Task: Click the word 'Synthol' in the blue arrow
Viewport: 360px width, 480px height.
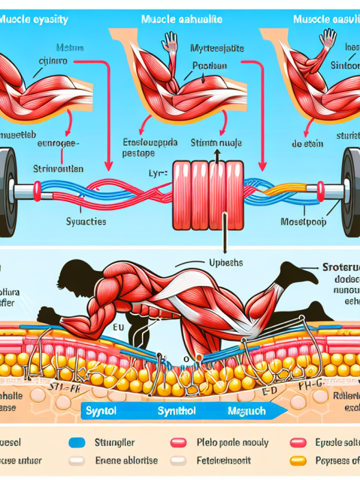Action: tap(178, 411)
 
